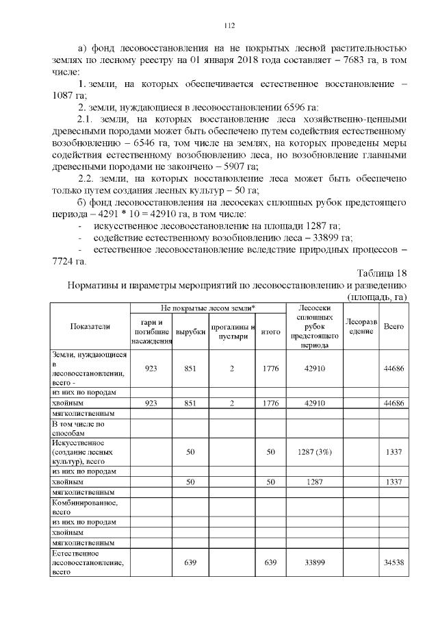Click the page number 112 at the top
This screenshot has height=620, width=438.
[229, 26]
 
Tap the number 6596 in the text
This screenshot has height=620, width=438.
[281, 107]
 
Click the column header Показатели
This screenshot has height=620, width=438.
[90, 326]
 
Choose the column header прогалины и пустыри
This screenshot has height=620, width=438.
[232, 332]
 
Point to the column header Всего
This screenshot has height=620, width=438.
[394, 326]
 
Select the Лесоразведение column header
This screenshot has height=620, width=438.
[360, 326]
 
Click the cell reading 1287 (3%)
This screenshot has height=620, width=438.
[313, 452]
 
